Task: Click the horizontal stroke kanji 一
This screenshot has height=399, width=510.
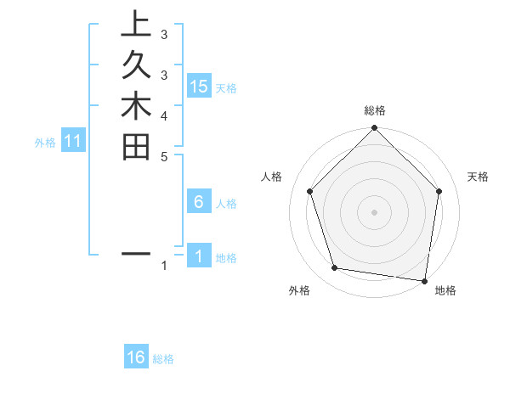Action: [x=136, y=254]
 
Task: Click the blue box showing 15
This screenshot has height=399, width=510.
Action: [x=199, y=86]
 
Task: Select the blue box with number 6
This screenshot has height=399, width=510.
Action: [x=199, y=202]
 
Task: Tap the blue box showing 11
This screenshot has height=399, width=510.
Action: [x=73, y=142]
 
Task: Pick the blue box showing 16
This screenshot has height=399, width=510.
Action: [x=136, y=357]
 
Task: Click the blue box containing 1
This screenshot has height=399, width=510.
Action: [x=199, y=256]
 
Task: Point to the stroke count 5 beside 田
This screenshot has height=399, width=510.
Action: [x=164, y=155]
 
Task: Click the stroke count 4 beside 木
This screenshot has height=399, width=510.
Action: [x=164, y=115]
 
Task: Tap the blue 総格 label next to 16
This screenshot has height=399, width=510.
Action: [x=163, y=359]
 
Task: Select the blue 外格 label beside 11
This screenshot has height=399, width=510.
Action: [x=45, y=143]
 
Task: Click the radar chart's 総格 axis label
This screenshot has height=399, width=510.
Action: [x=374, y=110]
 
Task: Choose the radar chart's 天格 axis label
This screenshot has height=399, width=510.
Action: [x=479, y=177]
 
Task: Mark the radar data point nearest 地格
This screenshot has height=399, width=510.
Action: [x=425, y=280]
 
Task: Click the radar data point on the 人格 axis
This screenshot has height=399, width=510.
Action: [x=309, y=191]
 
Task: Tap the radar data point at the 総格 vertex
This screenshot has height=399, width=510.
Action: [x=374, y=129]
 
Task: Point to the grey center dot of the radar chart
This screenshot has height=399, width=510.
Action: [x=374, y=211]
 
